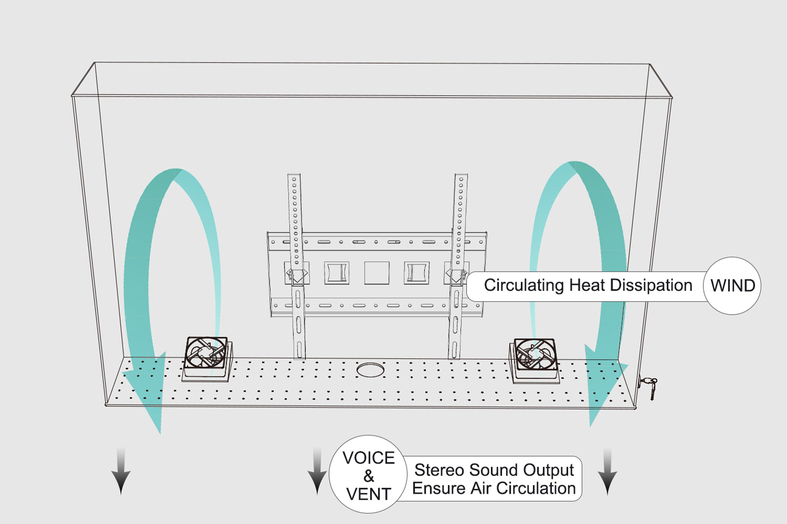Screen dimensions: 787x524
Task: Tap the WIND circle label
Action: [732, 286]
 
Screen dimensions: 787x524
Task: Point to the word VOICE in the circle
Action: [368, 458]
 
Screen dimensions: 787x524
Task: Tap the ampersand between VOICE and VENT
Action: [369, 476]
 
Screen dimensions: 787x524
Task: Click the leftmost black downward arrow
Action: [121, 471]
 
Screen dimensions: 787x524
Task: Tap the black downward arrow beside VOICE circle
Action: [317, 471]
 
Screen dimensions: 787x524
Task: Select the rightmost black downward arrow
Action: [607, 471]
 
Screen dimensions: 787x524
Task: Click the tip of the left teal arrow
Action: [160, 434]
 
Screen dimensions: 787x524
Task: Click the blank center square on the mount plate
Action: [377, 273]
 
